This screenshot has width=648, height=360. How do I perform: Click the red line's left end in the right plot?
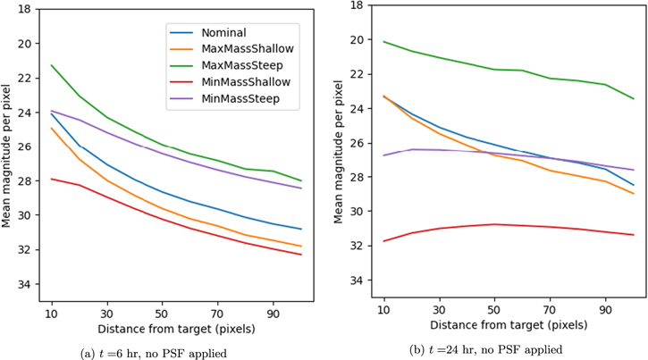coord(383,241)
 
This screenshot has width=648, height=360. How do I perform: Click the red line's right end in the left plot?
coord(301,255)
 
